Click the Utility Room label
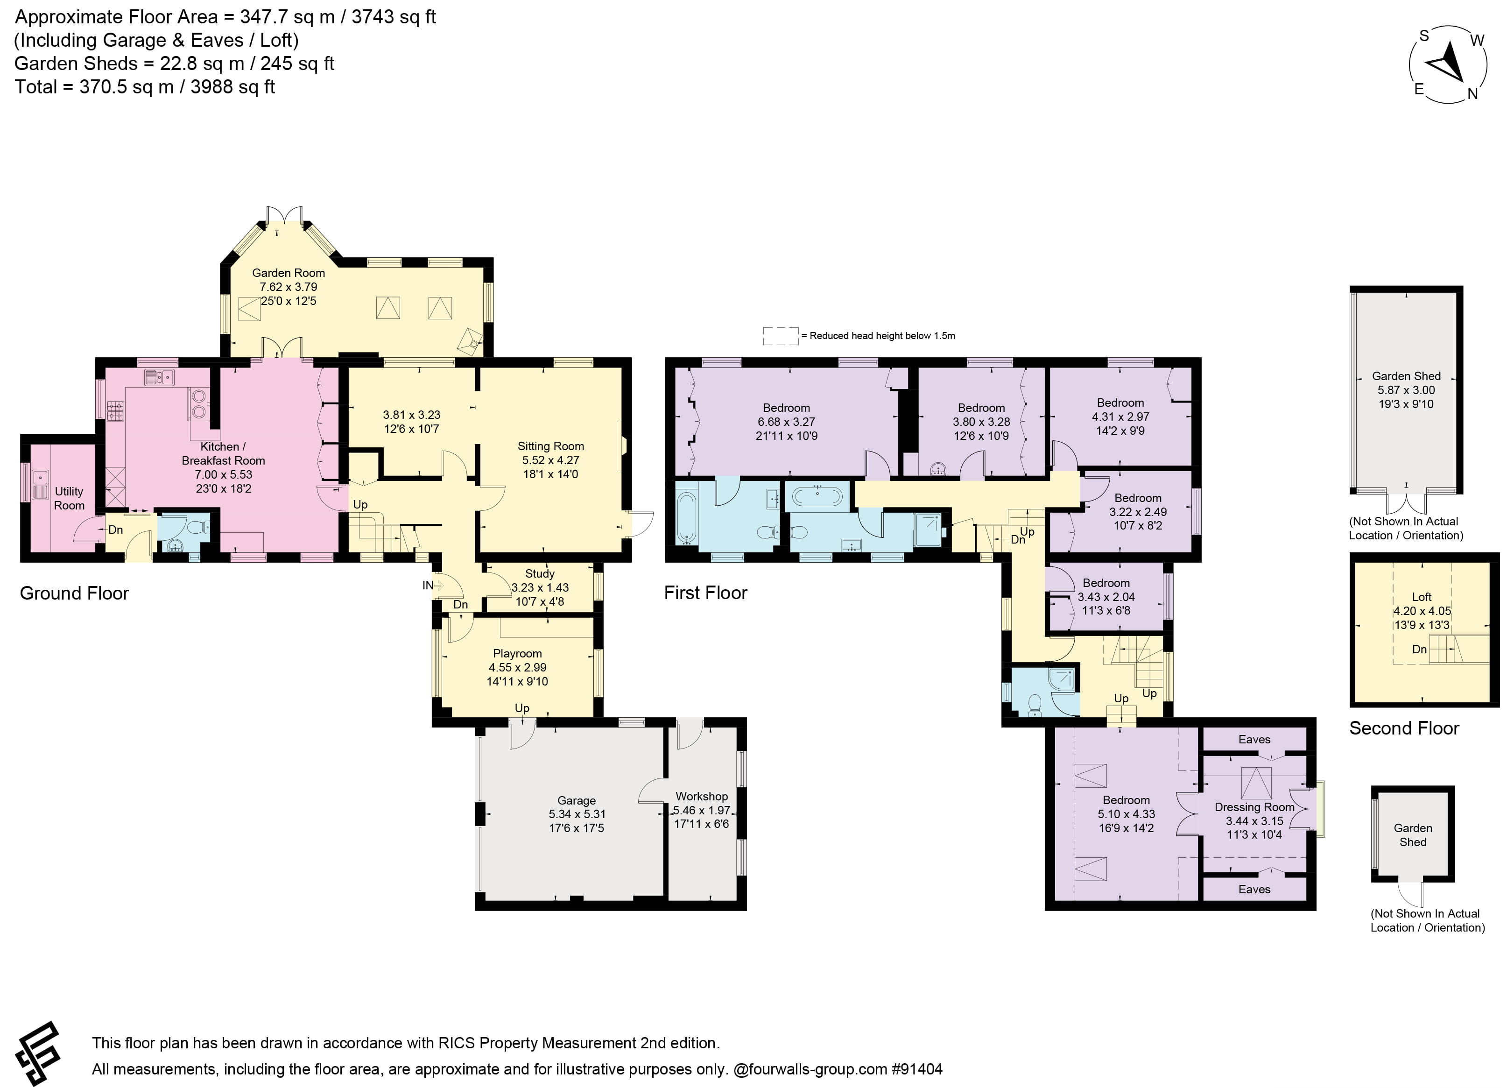click(69, 498)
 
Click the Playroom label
click(517, 653)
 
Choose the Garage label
click(576, 800)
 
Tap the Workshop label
click(701, 796)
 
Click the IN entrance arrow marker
click(433, 586)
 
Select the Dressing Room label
click(1254, 807)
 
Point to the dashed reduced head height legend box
click(780, 336)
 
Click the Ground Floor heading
click(74, 593)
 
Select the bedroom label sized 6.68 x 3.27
click(786, 408)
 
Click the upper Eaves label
click(1254, 739)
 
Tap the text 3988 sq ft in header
click(232, 87)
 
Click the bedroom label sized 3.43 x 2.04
click(1106, 583)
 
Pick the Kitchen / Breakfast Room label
click(223, 453)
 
